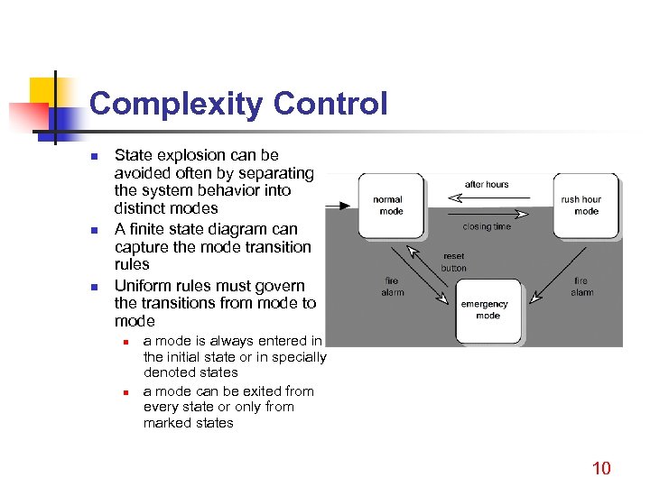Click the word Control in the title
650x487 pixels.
coord(330,104)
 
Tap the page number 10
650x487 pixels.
coord(600,467)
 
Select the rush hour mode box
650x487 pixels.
coord(585,206)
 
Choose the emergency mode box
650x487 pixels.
coord(487,310)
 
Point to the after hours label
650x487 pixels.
coord(487,184)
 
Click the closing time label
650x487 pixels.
coord(487,226)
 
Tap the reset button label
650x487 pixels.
coord(453,262)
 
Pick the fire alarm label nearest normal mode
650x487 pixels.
coord(392,286)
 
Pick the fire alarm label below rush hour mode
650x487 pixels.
coord(582,286)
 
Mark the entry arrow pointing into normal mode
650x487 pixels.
coord(337,207)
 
